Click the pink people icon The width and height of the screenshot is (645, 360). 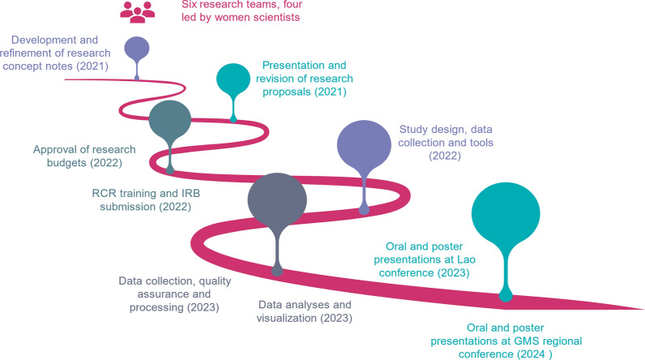pos(138,11)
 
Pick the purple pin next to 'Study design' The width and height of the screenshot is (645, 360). pos(364,146)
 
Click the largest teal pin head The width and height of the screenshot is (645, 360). pos(505,215)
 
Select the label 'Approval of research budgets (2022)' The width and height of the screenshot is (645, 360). pos(84,156)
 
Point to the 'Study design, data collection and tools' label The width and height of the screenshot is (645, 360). pos(445,142)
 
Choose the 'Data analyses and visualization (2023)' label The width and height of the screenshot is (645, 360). pos(305,311)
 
